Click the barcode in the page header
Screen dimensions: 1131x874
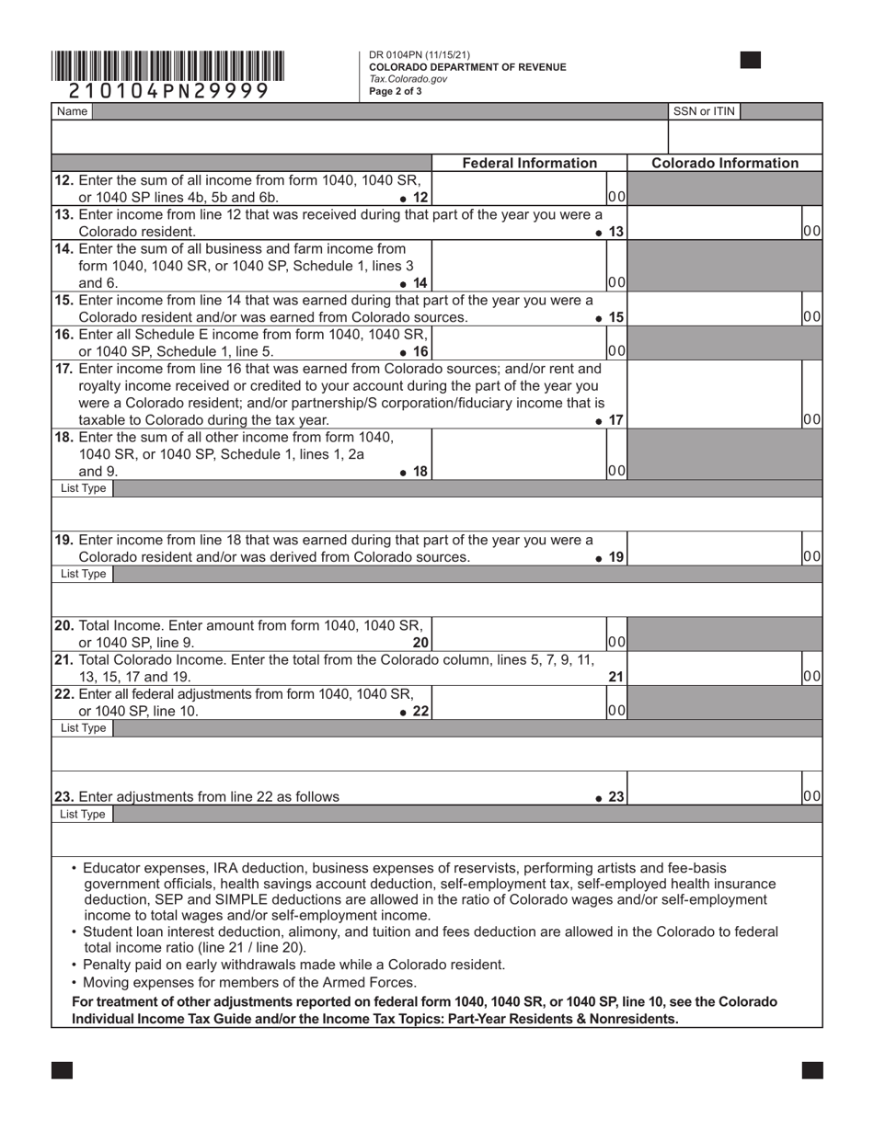pyautogui.click(x=167, y=66)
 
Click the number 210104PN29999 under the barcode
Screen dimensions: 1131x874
pyautogui.click(x=168, y=91)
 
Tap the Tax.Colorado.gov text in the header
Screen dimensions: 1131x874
pyautogui.click(x=408, y=79)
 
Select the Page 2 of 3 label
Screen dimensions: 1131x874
pyautogui.click(x=396, y=91)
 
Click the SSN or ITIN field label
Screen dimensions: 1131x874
pyautogui.click(x=704, y=111)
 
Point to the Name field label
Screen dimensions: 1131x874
pyautogui.click(x=72, y=111)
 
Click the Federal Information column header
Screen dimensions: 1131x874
pyautogui.click(x=529, y=163)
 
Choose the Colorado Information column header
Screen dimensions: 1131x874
pyautogui.click(x=725, y=163)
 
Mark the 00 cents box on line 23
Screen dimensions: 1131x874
pyautogui.click(x=812, y=796)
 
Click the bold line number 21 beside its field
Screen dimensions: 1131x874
pyautogui.click(x=616, y=677)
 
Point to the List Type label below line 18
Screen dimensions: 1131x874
pyautogui.click(x=83, y=488)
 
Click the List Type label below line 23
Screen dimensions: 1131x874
pyautogui.click(x=83, y=815)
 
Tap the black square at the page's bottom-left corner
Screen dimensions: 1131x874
pyautogui.click(x=62, y=1070)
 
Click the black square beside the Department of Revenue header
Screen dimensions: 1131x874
pyautogui.click(x=750, y=61)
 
